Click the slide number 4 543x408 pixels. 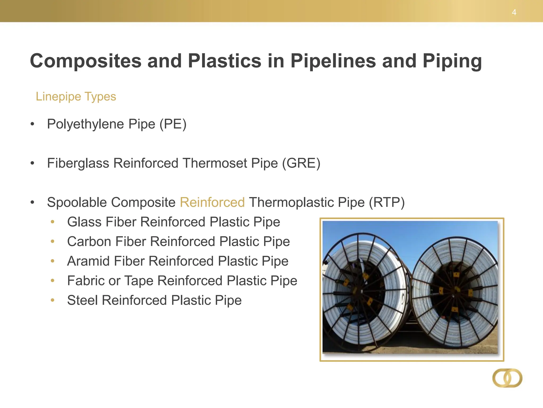point(514,12)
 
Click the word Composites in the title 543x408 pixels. point(85,61)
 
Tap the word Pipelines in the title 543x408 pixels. point(333,61)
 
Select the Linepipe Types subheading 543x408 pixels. point(76,96)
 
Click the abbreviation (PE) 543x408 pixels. point(173,124)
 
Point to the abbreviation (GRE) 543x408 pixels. point(301,163)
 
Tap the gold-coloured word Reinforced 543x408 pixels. point(212,202)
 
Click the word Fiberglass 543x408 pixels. point(78,163)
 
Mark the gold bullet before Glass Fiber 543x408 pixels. point(52,222)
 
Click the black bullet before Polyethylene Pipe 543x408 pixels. point(32,124)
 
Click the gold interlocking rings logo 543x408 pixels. point(507,378)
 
